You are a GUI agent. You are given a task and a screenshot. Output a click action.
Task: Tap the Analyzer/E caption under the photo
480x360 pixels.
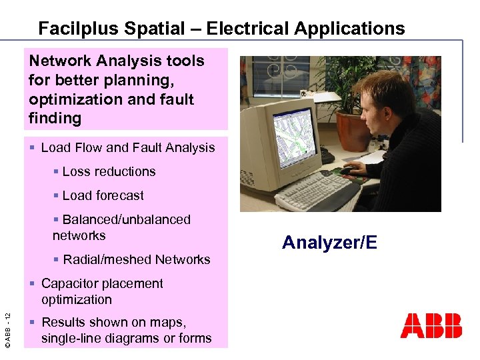point(329,242)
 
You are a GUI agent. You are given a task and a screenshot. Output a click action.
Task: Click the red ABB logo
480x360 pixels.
point(431,325)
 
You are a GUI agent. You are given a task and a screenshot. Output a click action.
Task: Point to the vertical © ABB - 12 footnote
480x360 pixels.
point(9,324)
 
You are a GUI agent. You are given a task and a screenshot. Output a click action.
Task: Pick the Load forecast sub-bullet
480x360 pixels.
point(103,195)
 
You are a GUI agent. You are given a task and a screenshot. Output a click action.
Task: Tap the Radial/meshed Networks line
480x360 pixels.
point(136,259)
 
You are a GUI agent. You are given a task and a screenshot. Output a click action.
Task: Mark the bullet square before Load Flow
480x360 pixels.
point(33,148)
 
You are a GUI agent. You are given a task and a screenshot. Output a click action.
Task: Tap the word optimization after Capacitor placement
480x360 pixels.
point(76,299)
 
